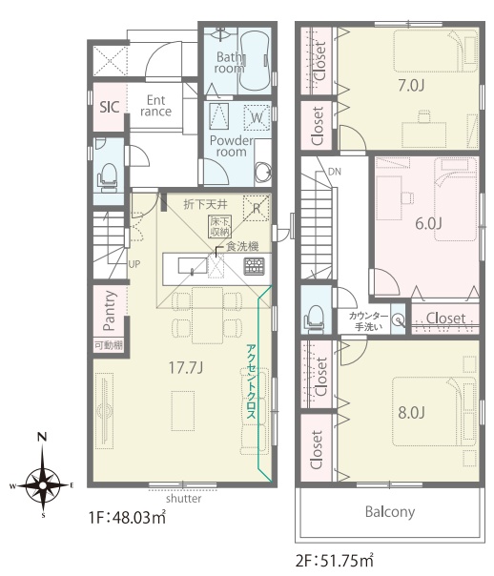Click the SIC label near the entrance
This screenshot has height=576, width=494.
point(110,107)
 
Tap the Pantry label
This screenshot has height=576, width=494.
point(110,311)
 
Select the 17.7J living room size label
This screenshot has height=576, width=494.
point(185,367)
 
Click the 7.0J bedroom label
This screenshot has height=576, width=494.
point(411,86)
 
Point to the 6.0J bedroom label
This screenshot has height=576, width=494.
point(428,223)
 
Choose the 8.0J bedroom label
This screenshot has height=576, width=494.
point(411,413)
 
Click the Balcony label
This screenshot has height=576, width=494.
point(390,512)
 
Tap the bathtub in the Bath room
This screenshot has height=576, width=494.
point(255,61)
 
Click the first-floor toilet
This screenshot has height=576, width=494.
point(108,177)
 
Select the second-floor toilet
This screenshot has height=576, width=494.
point(315,319)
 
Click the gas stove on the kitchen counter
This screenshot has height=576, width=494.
point(255,266)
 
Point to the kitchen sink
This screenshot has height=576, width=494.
point(192,266)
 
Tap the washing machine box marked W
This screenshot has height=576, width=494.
point(257,116)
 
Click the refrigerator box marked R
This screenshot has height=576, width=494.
point(257,208)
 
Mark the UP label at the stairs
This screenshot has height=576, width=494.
point(134,264)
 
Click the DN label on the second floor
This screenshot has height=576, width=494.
point(334,172)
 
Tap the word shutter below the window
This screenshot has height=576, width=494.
point(184,499)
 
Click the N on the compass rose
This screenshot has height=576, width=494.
point(43,437)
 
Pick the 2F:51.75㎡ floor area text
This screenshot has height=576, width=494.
point(335,562)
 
